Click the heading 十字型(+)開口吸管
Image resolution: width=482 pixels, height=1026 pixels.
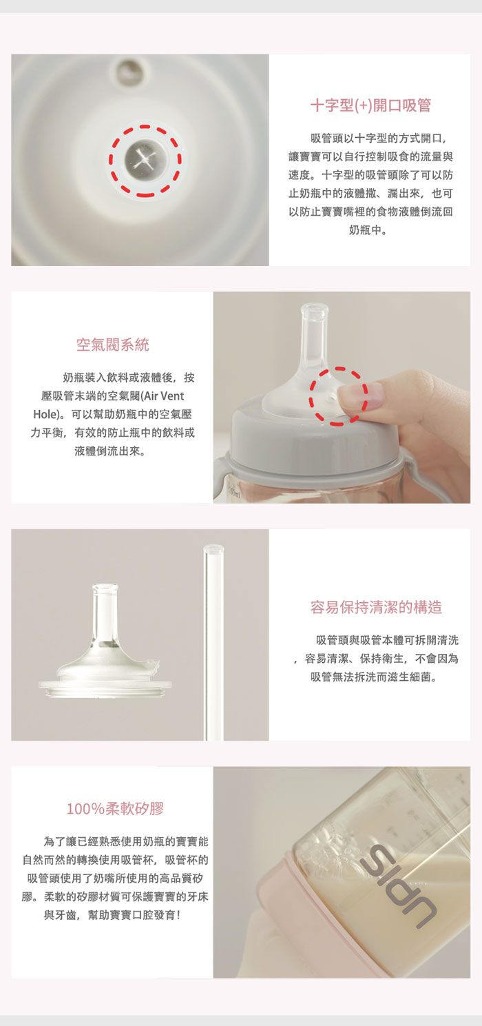coord(370,105)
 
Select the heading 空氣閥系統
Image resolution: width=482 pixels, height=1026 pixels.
coord(113,345)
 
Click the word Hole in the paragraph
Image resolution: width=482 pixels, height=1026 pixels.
coord(45,415)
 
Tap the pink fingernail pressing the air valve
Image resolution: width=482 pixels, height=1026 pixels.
coord(361,396)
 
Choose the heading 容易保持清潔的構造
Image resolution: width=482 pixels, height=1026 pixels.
coord(376,607)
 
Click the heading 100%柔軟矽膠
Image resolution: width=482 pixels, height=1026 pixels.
coord(116,809)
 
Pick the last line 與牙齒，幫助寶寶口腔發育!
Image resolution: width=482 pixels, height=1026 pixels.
coord(112,915)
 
